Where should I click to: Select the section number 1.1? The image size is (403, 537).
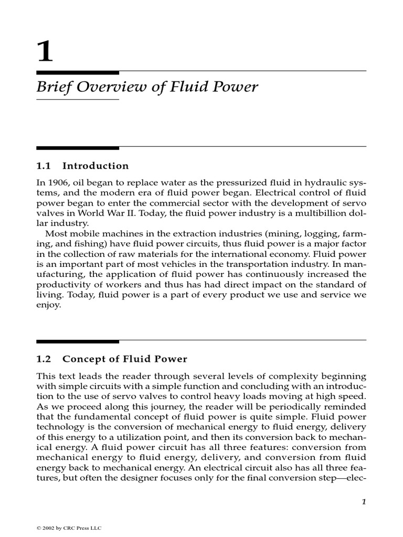[43, 166]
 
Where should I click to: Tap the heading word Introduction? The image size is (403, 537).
[95, 166]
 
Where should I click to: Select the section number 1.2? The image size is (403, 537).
[43, 359]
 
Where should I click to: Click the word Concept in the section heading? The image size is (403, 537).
[81, 359]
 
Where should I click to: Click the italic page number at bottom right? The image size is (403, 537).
[363, 502]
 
